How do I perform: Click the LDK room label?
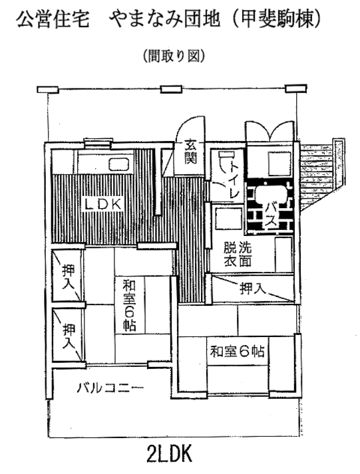pos(103,205)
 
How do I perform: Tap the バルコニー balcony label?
pos(110,387)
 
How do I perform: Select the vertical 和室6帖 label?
pos(130,306)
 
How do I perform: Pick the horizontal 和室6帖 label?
pos(237,351)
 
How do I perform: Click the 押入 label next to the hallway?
pos(253,289)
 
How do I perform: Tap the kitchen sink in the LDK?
pos(120,165)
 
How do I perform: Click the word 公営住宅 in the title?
pos(53,20)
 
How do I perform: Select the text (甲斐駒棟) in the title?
pos(275,20)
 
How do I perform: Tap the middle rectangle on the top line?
pos(171,90)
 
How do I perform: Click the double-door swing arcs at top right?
pos(270,130)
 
